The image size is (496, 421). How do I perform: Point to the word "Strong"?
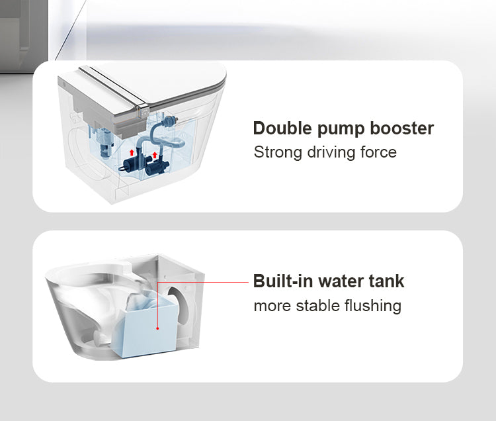pyautogui.click(x=277, y=152)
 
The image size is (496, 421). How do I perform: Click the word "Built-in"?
pyautogui.click(x=282, y=281)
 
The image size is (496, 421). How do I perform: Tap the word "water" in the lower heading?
pyautogui.click(x=341, y=281)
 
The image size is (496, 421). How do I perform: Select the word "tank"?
pyautogui.click(x=388, y=281)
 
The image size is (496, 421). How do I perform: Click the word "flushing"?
pyautogui.click(x=374, y=306)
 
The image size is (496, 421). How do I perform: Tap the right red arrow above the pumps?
pyautogui.click(x=155, y=156)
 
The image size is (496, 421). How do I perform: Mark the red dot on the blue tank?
pyautogui.click(x=157, y=327)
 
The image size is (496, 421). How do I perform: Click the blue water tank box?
pyautogui.click(x=149, y=324)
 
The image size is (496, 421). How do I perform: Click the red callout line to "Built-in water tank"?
pyautogui.click(x=205, y=281)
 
